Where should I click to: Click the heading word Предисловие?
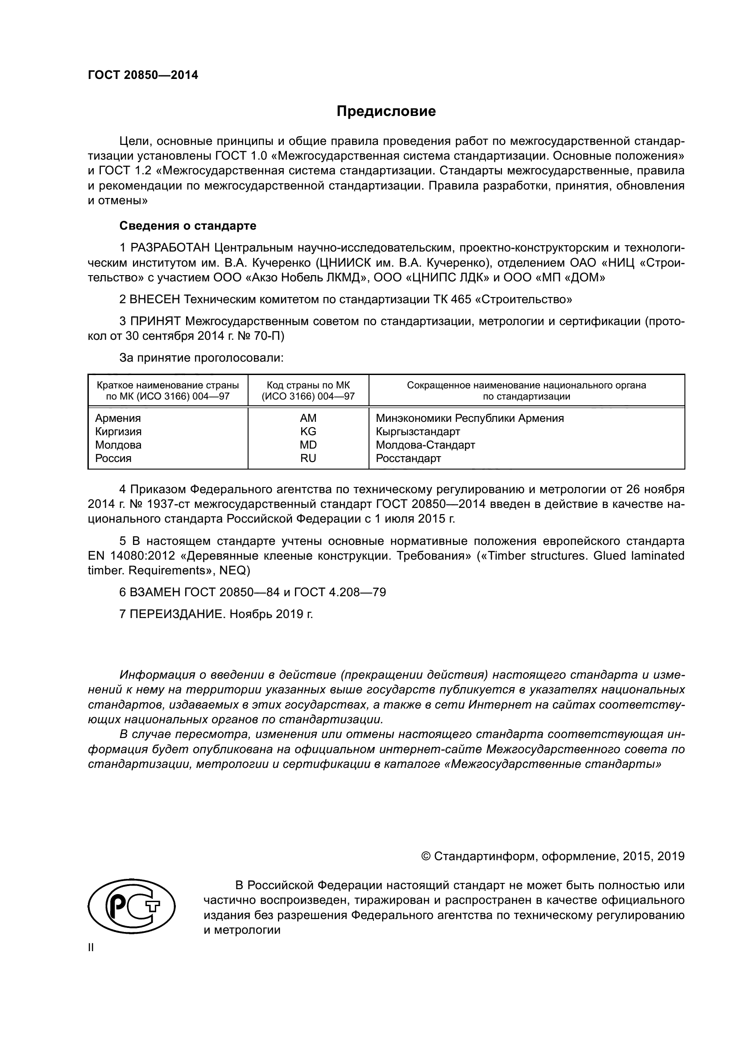386,111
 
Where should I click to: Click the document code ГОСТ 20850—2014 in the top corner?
143,75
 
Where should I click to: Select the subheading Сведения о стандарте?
188,226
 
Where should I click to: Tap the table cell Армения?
118,418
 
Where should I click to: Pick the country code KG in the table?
308,431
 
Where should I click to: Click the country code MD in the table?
308,445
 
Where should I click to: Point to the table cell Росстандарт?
408,458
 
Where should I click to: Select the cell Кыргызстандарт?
418,431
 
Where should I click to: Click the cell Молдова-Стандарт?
425,445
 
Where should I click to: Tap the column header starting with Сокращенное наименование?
526,391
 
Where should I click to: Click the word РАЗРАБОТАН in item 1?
170,247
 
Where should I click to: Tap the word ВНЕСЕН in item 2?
155,299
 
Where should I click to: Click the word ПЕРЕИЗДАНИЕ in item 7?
177,614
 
